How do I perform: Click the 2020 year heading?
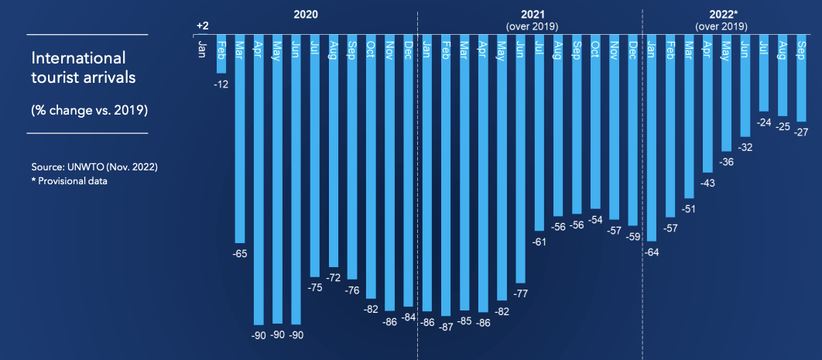point(306,15)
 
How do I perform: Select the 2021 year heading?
point(532,15)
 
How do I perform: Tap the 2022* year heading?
point(721,15)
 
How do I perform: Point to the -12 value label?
point(221,84)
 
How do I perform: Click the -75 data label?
point(315,287)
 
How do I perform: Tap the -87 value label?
point(446,326)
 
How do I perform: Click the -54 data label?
point(595,219)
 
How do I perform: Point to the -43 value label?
point(707,183)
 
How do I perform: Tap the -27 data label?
point(801,132)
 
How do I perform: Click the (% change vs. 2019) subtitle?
point(89,110)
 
